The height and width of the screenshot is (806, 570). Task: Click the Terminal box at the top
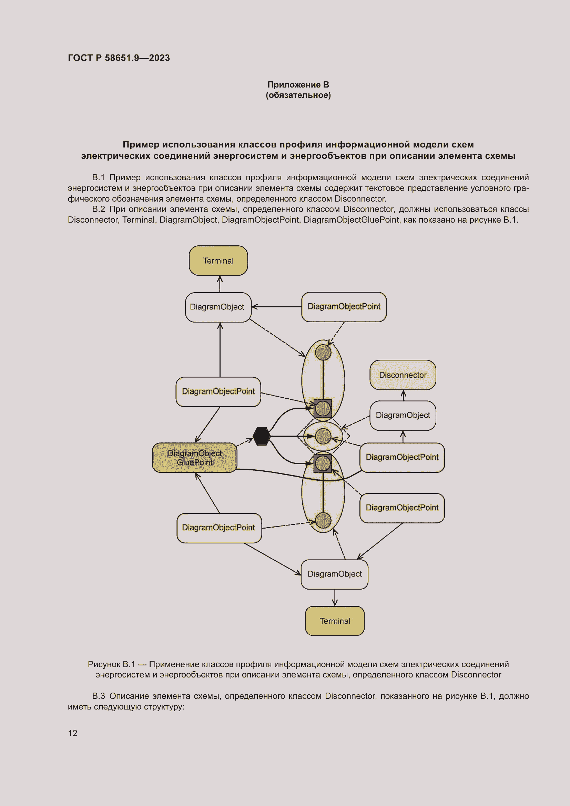[x=218, y=261]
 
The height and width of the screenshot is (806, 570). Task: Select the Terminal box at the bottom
[x=335, y=621]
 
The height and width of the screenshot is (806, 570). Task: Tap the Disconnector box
[x=403, y=375]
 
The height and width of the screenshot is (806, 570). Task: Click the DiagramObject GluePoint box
[x=194, y=458]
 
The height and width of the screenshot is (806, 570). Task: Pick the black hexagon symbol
[x=262, y=436]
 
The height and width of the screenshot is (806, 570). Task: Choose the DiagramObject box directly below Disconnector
[x=403, y=415]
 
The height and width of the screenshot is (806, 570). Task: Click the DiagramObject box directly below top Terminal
[x=217, y=307]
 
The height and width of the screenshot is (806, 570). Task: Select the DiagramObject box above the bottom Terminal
[x=334, y=574]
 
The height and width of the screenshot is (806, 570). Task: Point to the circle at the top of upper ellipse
[x=323, y=352]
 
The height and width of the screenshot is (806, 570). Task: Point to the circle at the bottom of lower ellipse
[x=323, y=520]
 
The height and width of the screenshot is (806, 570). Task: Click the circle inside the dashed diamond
[x=323, y=436]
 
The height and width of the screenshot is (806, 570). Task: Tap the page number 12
[x=73, y=733]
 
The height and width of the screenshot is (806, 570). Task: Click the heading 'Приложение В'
[x=298, y=85]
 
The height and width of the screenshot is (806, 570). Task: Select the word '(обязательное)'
[x=298, y=95]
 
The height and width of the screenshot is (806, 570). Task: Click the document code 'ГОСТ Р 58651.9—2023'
[x=119, y=58]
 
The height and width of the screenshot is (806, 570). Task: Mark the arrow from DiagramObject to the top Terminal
[x=220, y=284]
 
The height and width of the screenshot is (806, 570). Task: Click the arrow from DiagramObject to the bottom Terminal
[x=335, y=598]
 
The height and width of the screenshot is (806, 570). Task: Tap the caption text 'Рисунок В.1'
[x=111, y=664]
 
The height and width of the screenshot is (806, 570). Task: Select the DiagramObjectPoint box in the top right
[x=344, y=306]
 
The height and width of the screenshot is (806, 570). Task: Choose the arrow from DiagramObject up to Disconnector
[x=403, y=395]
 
